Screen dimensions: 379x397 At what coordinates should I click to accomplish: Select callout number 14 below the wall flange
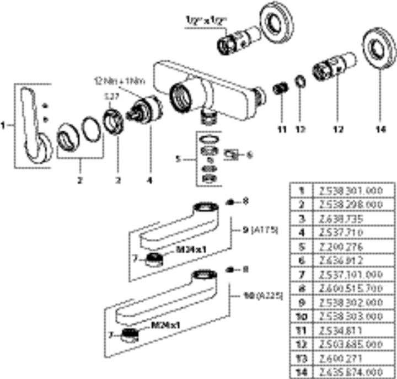(378, 130)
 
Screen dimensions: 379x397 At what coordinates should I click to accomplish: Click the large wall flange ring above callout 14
(379, 54)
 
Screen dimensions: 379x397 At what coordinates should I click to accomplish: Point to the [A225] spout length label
(271, 296)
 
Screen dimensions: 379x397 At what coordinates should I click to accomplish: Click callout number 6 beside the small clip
(249, 155)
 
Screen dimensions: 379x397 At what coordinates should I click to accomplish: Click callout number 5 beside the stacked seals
(178, 161)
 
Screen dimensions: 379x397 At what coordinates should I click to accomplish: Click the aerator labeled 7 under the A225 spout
(130, 333)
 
